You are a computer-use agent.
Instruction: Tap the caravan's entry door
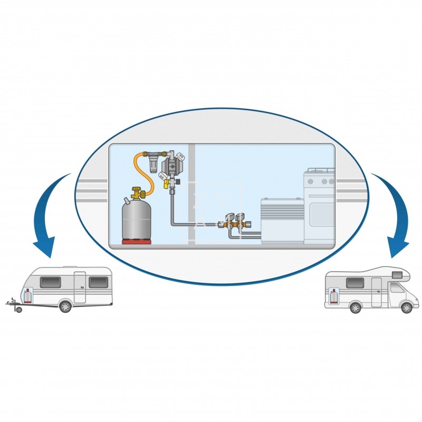point(80,287)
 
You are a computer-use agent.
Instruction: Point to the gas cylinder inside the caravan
point(27,296)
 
